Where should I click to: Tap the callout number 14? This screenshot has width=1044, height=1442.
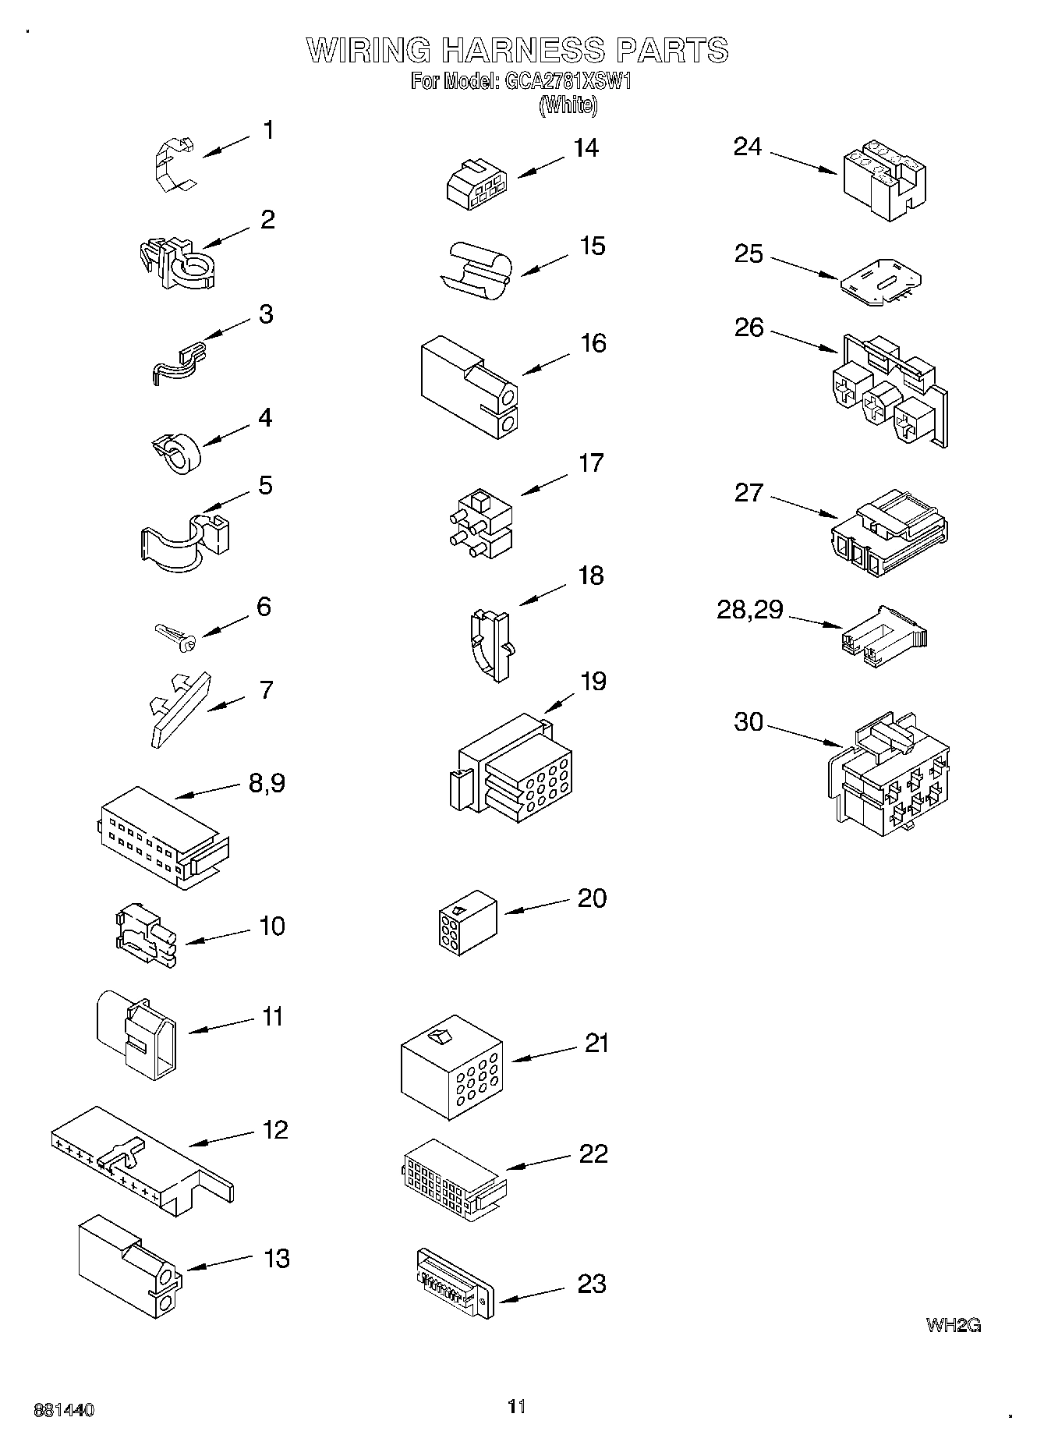[586, 148]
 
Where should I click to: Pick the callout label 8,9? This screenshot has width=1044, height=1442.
[267, 782]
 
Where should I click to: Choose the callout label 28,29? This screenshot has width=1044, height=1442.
[749, 609]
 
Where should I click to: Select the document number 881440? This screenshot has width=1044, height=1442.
[64, 1410]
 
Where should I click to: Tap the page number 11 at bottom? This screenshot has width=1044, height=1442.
[516, 1406]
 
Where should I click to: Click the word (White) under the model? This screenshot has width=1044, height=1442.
[568, 105]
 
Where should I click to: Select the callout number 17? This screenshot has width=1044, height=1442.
[591, 463]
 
